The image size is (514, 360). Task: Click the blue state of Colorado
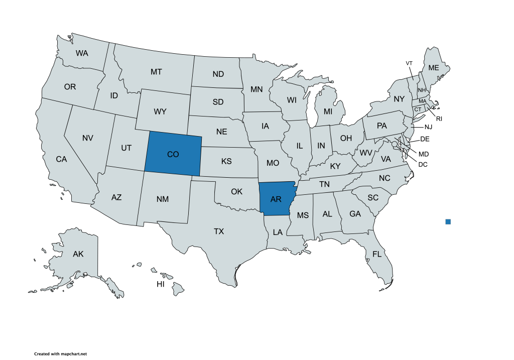[x=173, y=154]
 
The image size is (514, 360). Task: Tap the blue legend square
[x=448, y=221]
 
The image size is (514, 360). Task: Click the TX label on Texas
[x=219, y=231]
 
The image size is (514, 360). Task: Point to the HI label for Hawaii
[x=161, y=284]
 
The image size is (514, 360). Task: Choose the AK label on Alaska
[x=78, y=254]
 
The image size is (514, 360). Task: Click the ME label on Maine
[x=433, y=68]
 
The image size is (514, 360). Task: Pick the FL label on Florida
[x=377, y=254]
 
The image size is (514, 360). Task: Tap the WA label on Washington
[x=82, y=53]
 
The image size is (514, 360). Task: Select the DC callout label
[x=423, y=164]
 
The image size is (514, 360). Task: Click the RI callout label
[x=439, y=119]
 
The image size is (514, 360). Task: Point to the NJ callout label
[x=428, y=127]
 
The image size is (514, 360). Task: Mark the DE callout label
[x=425, y=139]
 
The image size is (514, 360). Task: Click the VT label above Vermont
[x=409, y=63]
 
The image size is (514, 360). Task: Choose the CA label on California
[x=61, y=159]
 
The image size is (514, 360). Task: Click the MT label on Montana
[x=156, y=72]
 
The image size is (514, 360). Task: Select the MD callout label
[x=424, y=154]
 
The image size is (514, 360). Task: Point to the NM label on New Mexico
[x=162, y=199]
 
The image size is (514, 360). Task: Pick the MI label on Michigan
[x=328, y=111]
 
